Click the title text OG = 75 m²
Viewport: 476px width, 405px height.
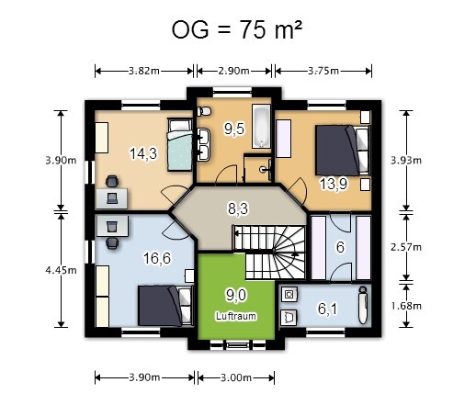pyautogui.click(x=236, y=29)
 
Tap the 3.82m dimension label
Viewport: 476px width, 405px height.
pyautogui.click(x=143, y=71)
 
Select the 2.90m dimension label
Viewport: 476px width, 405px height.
pyautogui.click(x=233, y=71)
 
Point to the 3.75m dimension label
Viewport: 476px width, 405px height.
pyautogui.click(x=323, y=71)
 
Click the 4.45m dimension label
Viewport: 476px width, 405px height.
pyautogui.click(x=61, y=270)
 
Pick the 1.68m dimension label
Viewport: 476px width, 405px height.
pyautogui.click(x=406, y=306)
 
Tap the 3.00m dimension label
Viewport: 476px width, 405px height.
pyautogui.click(x=236, y=377)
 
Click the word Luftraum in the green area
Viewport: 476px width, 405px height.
pyautogui.click(x=236, y=316)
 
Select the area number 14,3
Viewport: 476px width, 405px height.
pyautogui.click(x=143, y=153)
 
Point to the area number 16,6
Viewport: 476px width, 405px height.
pyautogui.click(x=157, y=258)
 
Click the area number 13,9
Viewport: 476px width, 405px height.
pyautogui.click(x=334, y=185)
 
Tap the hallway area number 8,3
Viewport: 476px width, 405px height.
pyautogui.click(x=238, y=208)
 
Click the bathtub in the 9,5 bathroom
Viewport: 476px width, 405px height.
pyautogui.click(x=261, y=127)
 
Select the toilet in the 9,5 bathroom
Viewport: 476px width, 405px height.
pyautogui.click(x=204, y=111)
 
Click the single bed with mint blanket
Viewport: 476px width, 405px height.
pyautogui.click(x=180, y=144)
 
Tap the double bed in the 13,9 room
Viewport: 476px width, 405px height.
pyautogui.click(x=342, y=151)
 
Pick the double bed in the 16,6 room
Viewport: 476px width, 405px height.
pyautogui.click(x=165, y=306)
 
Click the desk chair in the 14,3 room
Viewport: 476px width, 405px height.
pyautogui.click(x=112, y=182)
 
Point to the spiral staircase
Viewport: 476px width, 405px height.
pyautogui.click(x=269, y=253)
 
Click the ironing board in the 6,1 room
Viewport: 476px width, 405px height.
pyautogui.click(x=363, y=305)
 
